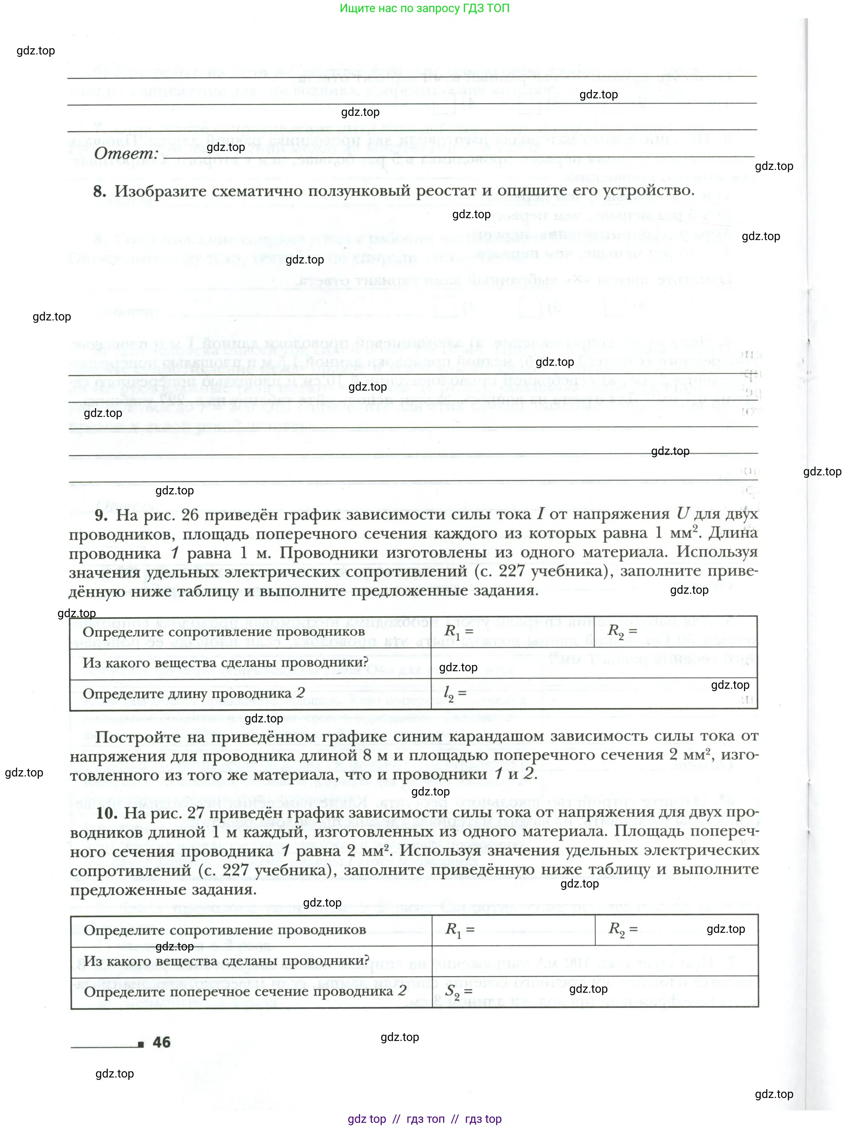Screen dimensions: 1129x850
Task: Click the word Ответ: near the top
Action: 126,153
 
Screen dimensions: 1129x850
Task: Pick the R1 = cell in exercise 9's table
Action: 459,631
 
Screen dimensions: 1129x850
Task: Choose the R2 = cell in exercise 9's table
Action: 622,631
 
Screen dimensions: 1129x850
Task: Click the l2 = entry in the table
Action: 455,693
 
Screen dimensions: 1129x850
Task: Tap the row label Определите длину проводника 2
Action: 194,693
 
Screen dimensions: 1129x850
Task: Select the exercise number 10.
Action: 107,813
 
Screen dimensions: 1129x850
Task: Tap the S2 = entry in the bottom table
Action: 458,992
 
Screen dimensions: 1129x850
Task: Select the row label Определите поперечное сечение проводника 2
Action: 245,992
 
